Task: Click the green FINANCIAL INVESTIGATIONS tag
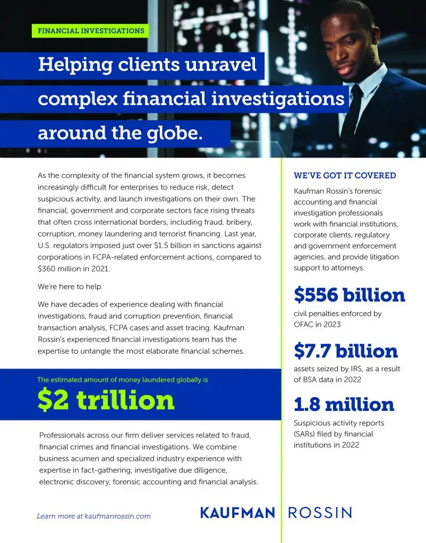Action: coord(91,31)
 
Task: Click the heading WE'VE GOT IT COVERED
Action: coord(345,176)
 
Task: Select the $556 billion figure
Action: coord(349,295)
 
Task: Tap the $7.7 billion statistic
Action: coord(345,351)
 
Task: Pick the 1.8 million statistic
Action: coord(344,405)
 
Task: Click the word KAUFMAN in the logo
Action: coord(237,513)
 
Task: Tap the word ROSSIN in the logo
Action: coord(320,513)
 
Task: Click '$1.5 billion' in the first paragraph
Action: coord(191,246)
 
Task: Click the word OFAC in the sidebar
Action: coord(304,324)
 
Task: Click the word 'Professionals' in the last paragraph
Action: coord(62,435)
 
